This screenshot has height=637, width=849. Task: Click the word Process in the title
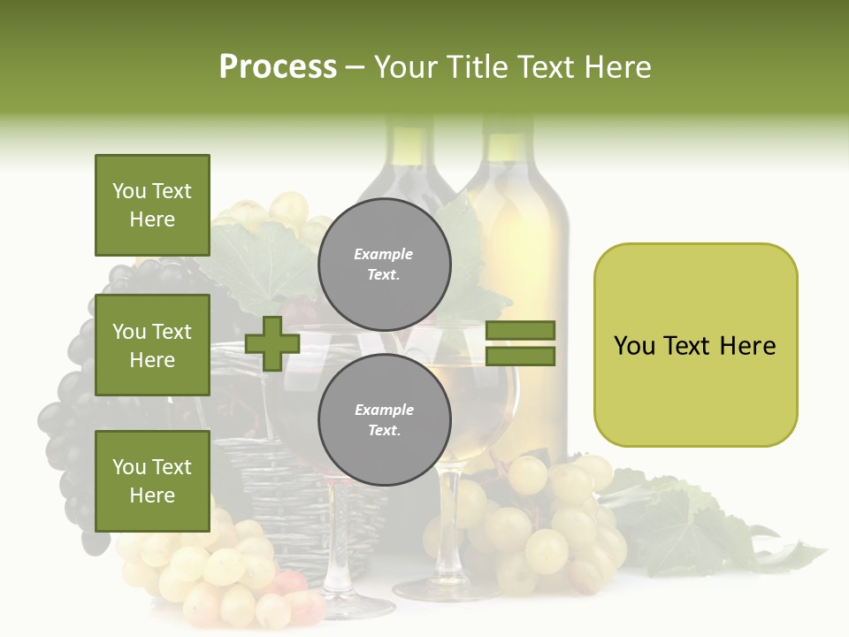click(x=278, y=67)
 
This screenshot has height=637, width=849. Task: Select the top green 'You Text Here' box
click(x=152, y=205)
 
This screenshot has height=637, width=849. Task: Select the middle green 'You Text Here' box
click(x=152, y=346)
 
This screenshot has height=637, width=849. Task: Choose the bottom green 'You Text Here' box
click(x=152, y=481)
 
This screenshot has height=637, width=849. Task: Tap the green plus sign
click(x=272, y=343)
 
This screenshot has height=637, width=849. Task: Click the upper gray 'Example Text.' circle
click(x=384, y=265)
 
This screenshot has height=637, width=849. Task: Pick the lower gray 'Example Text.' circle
click(x=384, y=420)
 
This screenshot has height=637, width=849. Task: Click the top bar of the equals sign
click(x=521, y=331)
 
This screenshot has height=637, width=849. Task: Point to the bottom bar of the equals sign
click(x=521, y=357)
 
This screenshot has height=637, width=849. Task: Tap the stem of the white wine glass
click(x=448, y=522)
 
